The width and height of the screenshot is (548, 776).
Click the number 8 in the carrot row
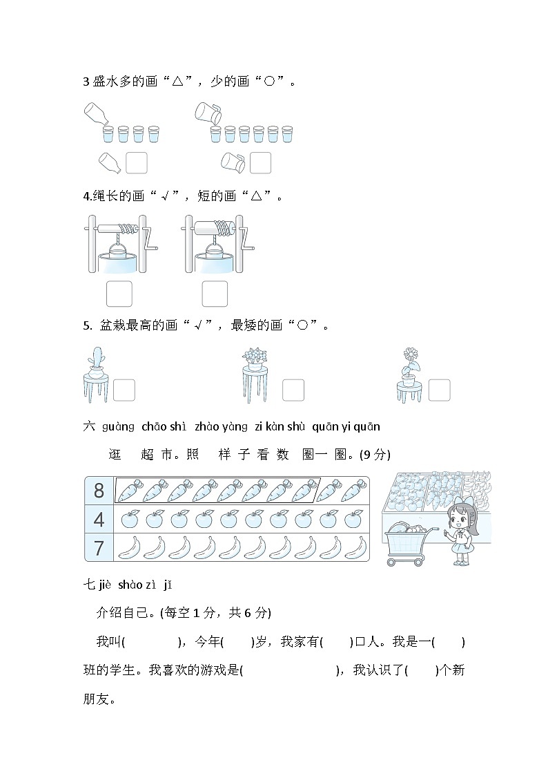pos(99,491)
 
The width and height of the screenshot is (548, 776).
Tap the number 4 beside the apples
pos(99,519)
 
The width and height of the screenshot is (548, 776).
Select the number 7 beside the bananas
pos(99,547)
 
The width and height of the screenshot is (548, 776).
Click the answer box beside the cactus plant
pos(124,390)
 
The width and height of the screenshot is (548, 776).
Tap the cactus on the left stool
pos(95,361)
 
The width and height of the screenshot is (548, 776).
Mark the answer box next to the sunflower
pos(439,390)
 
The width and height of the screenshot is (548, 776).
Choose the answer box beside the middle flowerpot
pos(293,390)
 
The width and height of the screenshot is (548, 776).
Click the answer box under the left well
pos(119,294)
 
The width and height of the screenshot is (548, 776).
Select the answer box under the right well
pos(215,294)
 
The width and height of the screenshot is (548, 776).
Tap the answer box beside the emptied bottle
pos(137,163)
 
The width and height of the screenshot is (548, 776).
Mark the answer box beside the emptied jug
pos(260,163)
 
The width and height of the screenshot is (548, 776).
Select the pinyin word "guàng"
pos(118,426)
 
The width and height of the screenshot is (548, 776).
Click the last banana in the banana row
pos(355,547)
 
